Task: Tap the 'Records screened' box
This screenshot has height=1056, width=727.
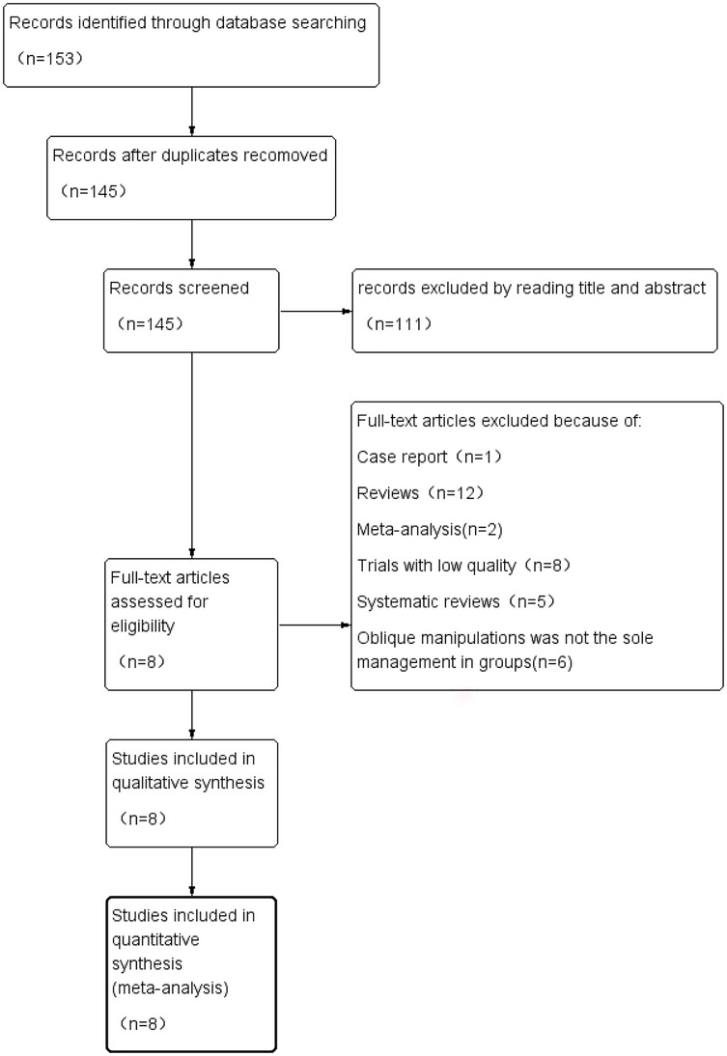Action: (x=192, y=312)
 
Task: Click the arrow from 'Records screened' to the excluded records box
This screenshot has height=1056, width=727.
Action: (x=315, y=285)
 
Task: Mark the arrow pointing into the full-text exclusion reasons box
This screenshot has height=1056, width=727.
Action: (x=315, y=625)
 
